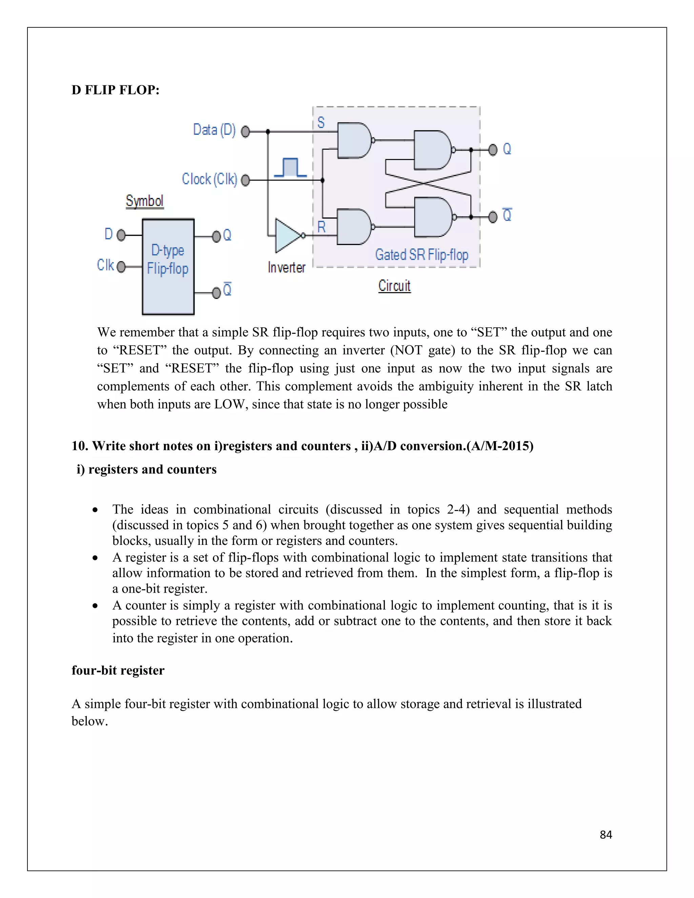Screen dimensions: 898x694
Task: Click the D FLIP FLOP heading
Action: point(115,90)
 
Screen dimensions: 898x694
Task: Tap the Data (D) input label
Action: point(214,130)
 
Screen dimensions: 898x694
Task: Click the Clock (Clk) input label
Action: point(209,179)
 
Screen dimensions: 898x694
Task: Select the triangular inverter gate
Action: point(288,236)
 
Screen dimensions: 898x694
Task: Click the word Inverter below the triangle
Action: point(287,268)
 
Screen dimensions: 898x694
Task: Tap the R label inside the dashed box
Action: point(321,227)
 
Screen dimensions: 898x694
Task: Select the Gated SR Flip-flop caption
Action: point(422,255)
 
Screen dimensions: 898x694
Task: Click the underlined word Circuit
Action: point(394,286)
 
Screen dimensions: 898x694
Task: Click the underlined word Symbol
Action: point(144,201)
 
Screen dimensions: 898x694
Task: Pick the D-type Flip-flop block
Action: point(168,266)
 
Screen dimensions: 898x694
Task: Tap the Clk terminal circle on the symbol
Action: point(121,267)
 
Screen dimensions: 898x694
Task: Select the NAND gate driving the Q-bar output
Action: point(432,217)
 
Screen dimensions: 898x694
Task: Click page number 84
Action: point(606,834)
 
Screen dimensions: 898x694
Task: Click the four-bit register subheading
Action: point(118,670)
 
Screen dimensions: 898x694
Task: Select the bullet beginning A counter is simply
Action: point(362,621)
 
